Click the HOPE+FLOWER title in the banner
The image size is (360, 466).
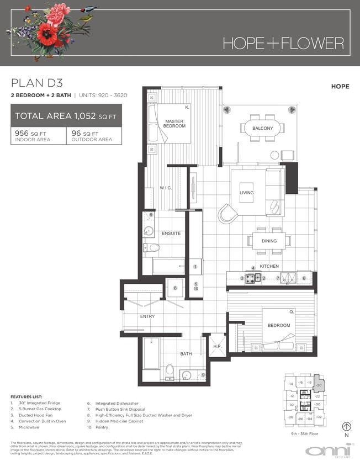pyautogui.click(x=283, y=43)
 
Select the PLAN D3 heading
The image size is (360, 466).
pyautogui.click(x=37, y=83)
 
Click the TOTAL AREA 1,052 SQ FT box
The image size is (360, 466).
pyautogui.click(x=66, y=116)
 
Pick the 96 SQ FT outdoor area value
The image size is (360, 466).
pyautogui.click(x=85, y=133)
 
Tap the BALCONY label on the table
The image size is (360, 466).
pyautogui.click(x=263, y=128)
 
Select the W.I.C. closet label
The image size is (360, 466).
pyautogui.click(x=166, y=188)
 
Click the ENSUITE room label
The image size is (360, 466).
pyautogui.click(x=171, y=233)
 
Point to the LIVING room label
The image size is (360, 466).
pyautogui.click(x=246, y=193)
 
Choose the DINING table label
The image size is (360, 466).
pyautogui.click(x=269, y=241)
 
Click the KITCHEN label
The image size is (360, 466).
pyautogui.click(x=269, y=266)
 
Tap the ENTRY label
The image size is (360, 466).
pyautogui.click(x=147, y=316)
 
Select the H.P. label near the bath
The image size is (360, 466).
pyautogui.click(x=217, y=346)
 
